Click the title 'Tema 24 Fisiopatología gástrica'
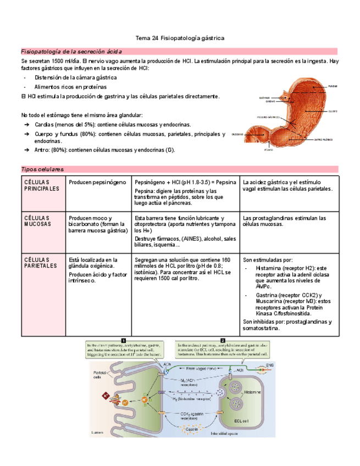180,38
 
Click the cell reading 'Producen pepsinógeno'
97,182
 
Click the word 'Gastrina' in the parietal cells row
268,295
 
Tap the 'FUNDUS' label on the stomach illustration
333,87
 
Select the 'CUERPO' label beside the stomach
333,112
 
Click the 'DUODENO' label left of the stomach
237,134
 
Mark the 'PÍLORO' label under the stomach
268,149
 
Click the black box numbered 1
124,340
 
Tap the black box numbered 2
223,340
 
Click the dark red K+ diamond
103,395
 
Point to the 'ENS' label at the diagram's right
269,365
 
